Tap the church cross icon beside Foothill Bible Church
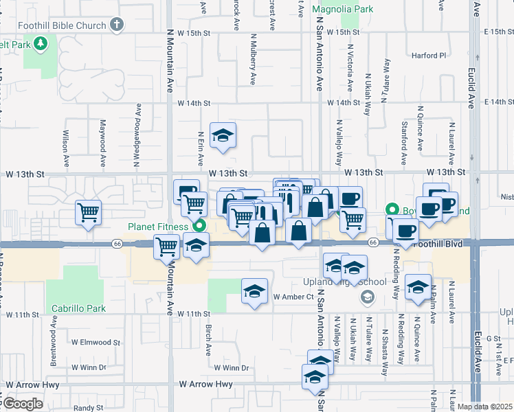pyautogui.click(x=117, y=25)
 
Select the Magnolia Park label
pyautogui.click(x=342, y=10)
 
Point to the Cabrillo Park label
pyautogui.click(x=77, y=308)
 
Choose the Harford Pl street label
pyautogui.click(x=429, y=55)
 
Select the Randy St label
pyautogui.click(x=89, y=408)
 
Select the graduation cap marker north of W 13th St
pyautogui.click(x=223, y=135)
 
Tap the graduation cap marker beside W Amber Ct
pyautogui.click(x=254, y=290)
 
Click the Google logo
pyautogui.click(x=22, y=404)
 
